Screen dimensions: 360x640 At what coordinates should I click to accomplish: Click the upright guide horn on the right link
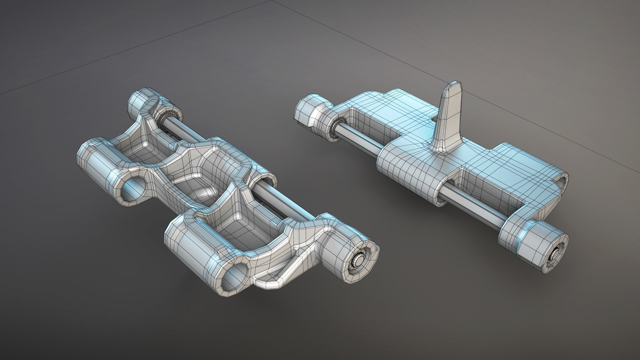[x=449, y=122]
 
